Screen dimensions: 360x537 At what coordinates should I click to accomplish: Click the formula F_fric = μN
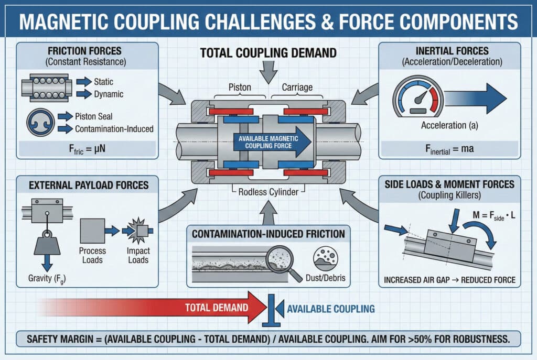[x=85, y=148]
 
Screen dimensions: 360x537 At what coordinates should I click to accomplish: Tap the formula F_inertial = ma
[x=449, y=148]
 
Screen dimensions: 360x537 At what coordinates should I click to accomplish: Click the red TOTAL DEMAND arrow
[x=157, y=308]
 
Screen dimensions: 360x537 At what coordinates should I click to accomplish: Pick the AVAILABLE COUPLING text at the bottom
[x=331, y=309]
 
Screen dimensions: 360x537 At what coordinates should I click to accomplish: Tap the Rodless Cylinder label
[x=268, y=192]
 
